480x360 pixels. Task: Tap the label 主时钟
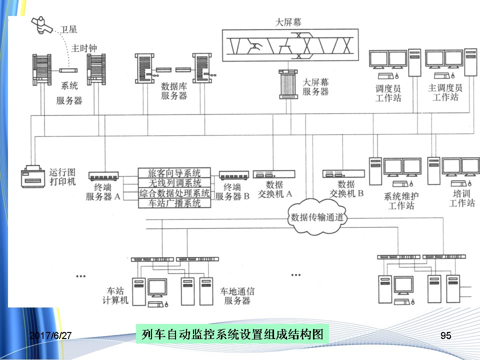83,48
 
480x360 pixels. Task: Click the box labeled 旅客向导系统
174,173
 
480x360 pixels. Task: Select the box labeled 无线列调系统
174,183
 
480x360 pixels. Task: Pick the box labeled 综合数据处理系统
174,193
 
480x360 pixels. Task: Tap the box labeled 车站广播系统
174,203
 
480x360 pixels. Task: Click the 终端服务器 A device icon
103,175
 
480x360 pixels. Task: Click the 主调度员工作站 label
445,92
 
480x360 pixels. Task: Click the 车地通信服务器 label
237,295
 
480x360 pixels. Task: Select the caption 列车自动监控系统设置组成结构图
232,333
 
